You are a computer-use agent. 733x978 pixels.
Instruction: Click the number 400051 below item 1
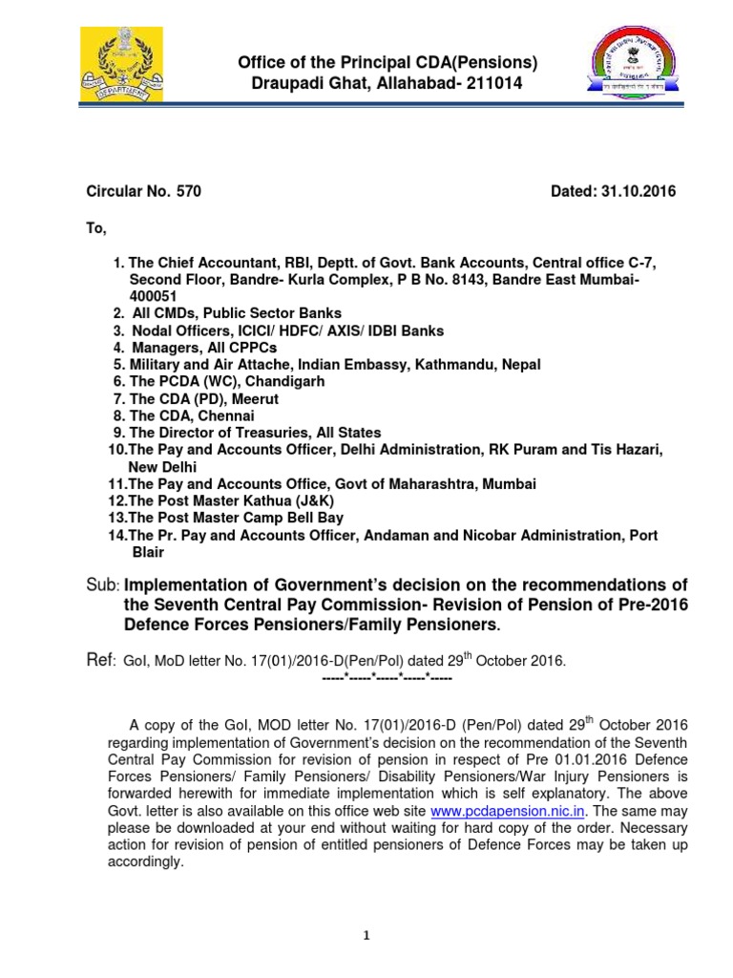point(156,295)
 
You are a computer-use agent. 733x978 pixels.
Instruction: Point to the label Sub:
point(102,585)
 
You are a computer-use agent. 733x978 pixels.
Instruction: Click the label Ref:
point(101,660)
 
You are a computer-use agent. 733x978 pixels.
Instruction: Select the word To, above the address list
point(97,229)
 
